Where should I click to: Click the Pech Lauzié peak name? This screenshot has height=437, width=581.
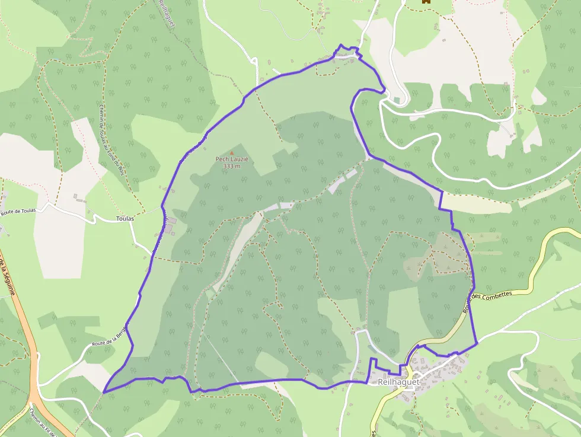coord(232,159)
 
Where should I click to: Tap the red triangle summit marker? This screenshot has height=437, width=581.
coord(232,153)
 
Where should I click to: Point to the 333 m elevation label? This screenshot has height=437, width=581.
coord(232,166)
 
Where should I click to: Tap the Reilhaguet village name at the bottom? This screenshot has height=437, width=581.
coord(398,382)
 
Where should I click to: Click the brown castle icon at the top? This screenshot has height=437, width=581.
coord(425,2)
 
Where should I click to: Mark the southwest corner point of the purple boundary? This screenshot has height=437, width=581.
coord(104,391)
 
